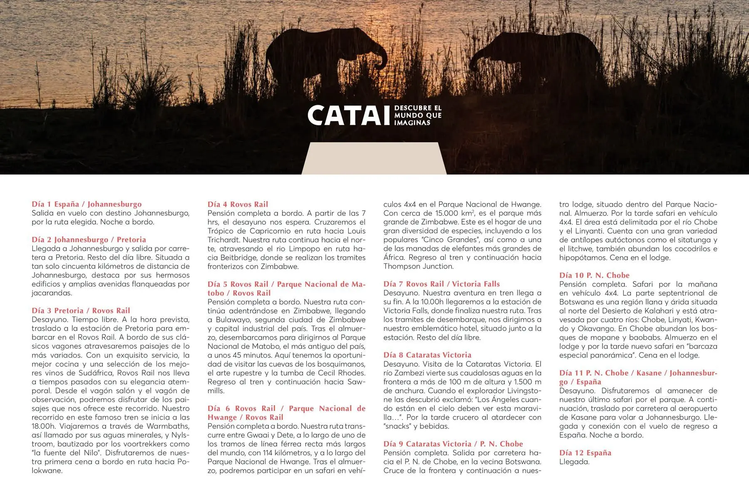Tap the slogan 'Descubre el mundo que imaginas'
coord(418,115)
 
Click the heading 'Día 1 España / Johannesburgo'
coord(87,204)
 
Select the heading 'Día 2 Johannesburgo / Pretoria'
coord(89,240)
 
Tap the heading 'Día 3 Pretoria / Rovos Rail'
coord(81,311)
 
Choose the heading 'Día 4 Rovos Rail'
coord(238,204)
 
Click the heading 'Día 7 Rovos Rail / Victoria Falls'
coord(441,284)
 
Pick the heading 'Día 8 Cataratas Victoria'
coord(427,355)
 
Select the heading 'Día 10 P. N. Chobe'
coord(594,275)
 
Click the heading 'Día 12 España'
coord(585,453)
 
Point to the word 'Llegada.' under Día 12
coord(574,462)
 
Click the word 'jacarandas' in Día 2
coord(52,293)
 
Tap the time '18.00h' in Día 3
coord(44,426)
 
